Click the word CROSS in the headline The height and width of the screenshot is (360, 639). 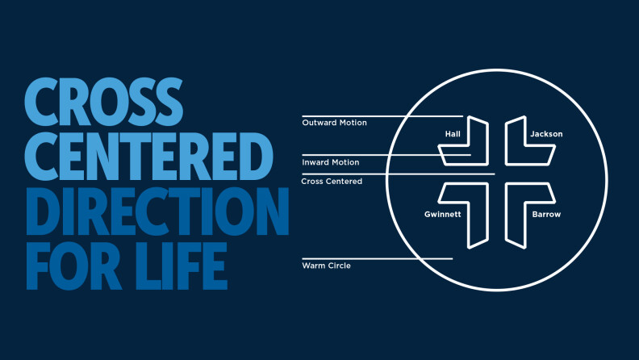[103, 102]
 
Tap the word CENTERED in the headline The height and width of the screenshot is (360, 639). [148, 156]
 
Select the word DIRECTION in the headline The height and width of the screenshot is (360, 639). [157, 211]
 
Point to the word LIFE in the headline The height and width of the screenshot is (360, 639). [182, 266]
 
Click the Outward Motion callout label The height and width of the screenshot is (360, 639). [334, 123]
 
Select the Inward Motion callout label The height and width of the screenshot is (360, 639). [331, 162]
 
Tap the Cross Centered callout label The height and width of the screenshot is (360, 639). [332, 182]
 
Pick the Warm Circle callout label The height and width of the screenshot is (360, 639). [326, 266]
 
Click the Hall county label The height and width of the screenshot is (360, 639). [453, 134]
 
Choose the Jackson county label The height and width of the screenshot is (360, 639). [546, 134]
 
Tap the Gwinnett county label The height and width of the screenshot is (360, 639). [443, 215]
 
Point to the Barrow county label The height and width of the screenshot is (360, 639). [546, 215]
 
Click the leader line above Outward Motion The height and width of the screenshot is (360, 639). [382, 116]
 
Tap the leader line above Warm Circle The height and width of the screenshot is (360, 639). [378, 258]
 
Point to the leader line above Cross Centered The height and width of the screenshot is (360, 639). [398, 174]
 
